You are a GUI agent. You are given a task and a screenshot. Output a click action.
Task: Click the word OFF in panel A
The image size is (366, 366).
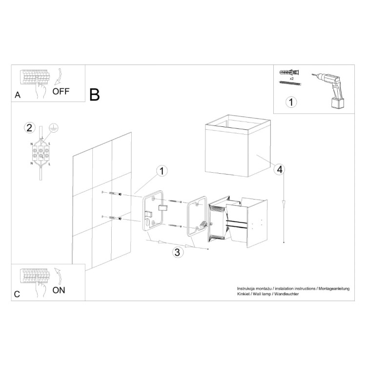coord(61,91)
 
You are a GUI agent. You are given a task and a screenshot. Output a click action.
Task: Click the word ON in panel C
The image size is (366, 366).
coord(59,290)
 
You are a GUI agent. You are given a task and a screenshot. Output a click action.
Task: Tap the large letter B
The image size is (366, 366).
coord(95,95)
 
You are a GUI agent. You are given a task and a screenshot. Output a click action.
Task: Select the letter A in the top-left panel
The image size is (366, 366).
coord(18,96)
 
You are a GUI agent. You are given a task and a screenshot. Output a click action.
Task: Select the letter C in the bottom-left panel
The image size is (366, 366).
coord(18,294)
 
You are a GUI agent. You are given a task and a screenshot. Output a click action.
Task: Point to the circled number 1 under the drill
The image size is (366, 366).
coord(291,102)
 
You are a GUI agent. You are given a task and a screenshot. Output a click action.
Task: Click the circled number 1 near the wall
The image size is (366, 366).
coord(162,171)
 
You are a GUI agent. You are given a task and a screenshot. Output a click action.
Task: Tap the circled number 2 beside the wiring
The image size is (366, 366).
coord(30,128)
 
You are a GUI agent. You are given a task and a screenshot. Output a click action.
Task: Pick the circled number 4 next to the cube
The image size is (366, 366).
coord(279,169)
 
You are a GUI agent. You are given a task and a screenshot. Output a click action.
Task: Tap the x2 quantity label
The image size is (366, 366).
coord(291,79)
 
